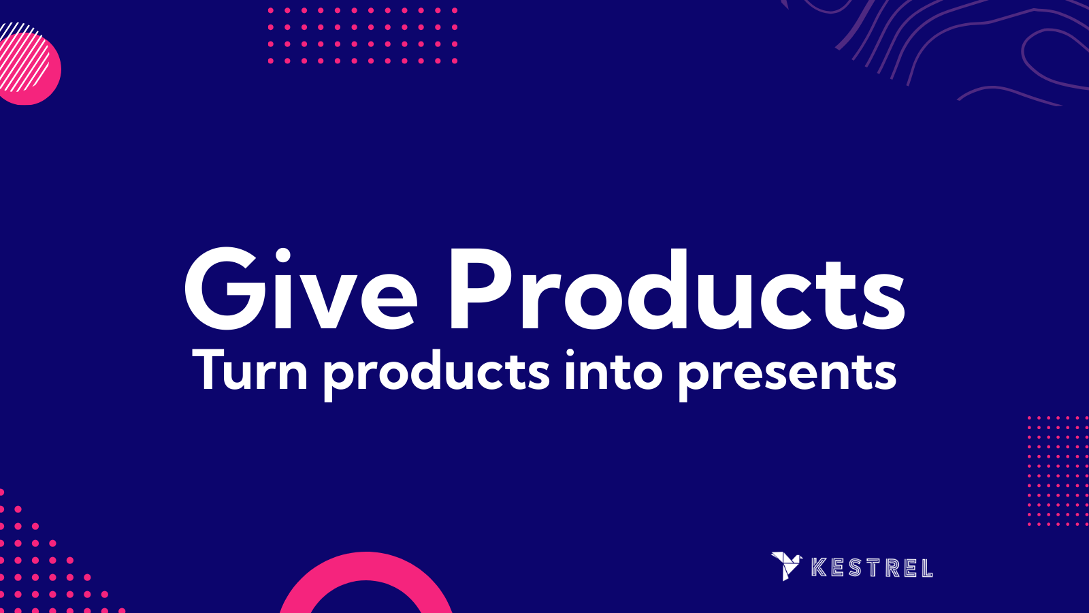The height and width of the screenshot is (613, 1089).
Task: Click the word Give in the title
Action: click(300, 289)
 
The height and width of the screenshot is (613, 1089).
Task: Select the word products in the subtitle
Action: click(436, 373)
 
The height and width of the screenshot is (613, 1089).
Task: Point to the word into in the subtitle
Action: click(613, 371)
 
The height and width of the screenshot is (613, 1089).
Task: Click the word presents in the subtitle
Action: click(787, 373)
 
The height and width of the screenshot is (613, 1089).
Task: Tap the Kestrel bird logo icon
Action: click(786, 565)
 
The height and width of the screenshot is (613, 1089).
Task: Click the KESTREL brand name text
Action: click(872, 567)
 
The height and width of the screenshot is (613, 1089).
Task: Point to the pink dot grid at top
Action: click(362, 36)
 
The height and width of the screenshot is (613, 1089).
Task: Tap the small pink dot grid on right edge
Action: click(1057, 470)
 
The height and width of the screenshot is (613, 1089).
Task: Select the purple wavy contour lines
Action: click(966, 48)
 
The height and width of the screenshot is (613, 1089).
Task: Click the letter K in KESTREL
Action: click(819, 567)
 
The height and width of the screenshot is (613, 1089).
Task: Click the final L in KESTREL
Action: click(926, 568)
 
